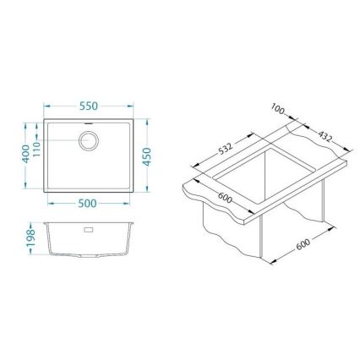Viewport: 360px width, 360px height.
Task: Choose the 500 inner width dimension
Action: click(x=88, y=203)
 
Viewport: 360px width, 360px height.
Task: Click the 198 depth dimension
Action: click(x=28, y=238)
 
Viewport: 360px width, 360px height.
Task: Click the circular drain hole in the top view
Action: click(x=89, y=139)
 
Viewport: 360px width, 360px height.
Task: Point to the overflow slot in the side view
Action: click(x=89, y=227)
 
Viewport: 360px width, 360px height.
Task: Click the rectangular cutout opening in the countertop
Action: click(x=270, y=173)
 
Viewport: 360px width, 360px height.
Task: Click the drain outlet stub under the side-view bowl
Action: click(x=89, y=254)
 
